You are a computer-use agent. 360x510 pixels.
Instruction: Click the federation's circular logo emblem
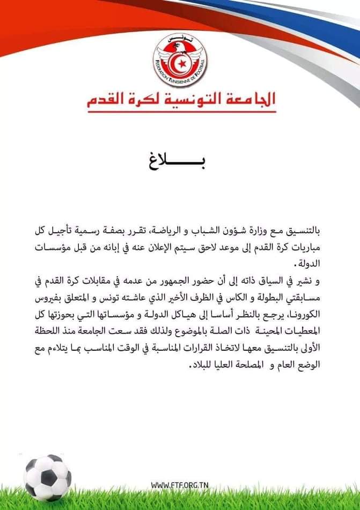pos(180,60)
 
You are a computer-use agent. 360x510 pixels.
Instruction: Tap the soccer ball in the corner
pos(47,477)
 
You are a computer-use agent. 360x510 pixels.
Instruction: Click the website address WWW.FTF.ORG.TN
pos(179,485)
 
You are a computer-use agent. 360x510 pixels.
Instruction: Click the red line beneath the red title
pos(181,112)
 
